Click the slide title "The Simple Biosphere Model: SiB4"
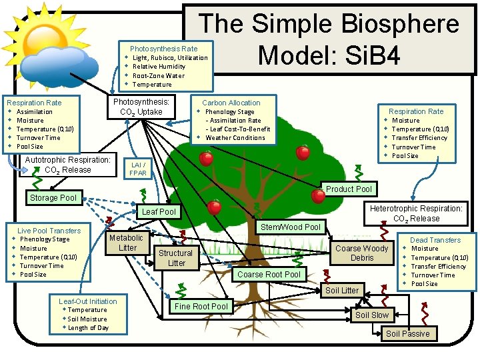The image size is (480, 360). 329,39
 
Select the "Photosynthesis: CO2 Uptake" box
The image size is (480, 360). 141,107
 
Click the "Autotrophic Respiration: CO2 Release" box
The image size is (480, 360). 67,165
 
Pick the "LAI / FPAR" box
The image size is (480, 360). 138,169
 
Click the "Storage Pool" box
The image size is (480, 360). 53,198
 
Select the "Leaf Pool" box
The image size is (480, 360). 159,212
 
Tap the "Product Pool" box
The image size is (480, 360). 349,189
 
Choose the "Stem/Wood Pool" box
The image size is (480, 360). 290,227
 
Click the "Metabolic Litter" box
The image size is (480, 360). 126,243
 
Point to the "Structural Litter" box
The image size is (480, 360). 176,258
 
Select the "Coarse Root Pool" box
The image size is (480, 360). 269,275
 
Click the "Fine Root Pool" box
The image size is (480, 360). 201,307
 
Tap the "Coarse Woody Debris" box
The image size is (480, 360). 362,253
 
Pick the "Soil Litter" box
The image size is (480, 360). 341,291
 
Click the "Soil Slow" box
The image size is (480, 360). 371,315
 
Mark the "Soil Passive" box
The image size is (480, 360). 407,333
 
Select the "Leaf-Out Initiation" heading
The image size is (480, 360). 87,301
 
